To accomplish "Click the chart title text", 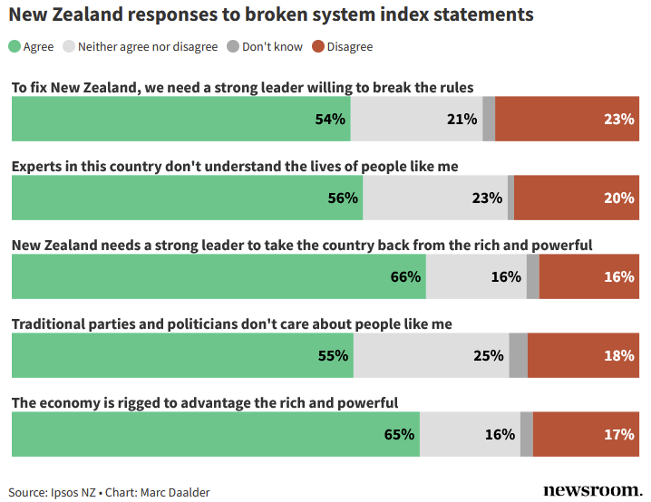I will (x=271, y=15).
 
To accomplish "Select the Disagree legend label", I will (x=349, y=46).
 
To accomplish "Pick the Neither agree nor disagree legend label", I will (x=148, y=46).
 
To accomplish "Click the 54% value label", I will (x=331, y=119).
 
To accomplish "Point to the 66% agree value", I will (x=406, y=276).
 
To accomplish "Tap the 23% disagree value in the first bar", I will (x=618, y=119).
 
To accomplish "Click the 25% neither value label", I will (x=488, y=355).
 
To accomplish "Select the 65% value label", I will (x=400, y=434).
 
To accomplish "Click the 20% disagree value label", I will (x=618, y=198).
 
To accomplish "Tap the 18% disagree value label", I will (x=618, y=355).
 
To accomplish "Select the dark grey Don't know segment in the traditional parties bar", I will (x=518, y=355).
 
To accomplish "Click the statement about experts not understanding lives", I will (x=235, y=167).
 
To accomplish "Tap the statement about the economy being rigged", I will (x=205, y=403).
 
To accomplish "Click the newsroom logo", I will (x=592, y=490).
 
